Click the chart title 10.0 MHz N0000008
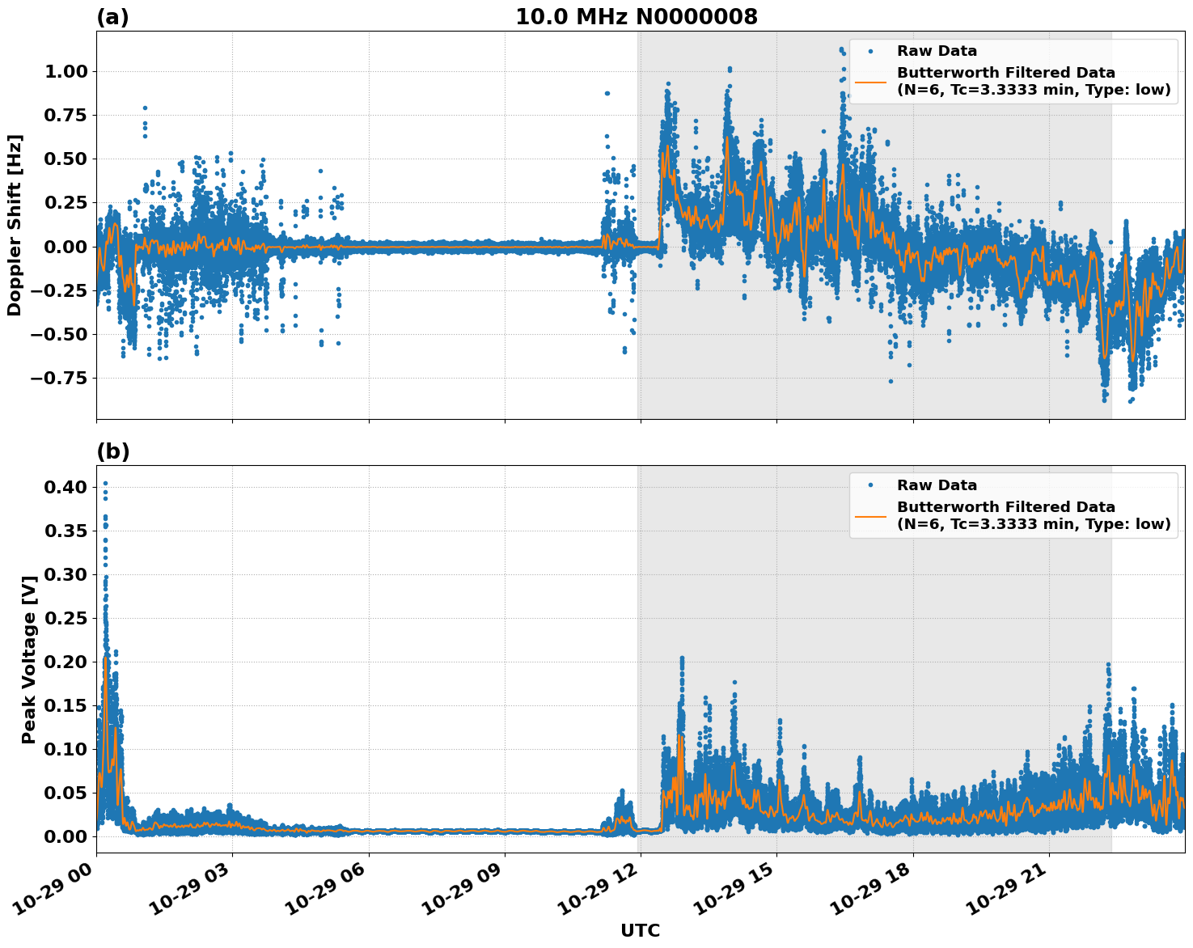(637, 17)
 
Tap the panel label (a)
(112, 17)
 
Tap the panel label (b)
(112, 451)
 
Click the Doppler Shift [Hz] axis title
(15, 225)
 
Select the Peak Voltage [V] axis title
(29, 659)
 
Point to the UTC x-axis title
(640, 930)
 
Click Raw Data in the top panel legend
(937, 51)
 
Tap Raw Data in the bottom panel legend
(937, 485)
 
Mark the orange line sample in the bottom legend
(870, 515)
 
